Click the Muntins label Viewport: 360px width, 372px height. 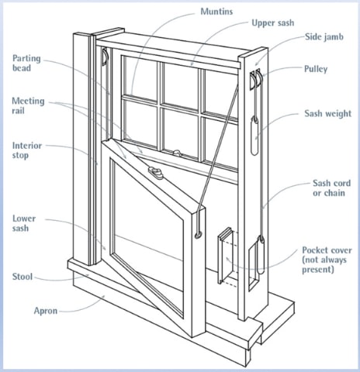coord(216,12)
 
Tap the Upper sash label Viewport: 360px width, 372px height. coord(273,23)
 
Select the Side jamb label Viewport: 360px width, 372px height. coord(324,37)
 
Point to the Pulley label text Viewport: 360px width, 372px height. coord(316,69)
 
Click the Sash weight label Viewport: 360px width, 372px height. coord(327,114)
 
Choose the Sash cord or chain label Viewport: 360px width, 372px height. coord(331,188)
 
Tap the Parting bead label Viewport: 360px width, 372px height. coord(26,64)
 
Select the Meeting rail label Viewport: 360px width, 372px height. coord(28,106)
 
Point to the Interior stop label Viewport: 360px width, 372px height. coord(27,150)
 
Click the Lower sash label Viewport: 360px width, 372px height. coord(24,223)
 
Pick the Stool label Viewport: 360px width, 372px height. coord(22,277)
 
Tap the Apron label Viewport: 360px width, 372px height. coord(46,311)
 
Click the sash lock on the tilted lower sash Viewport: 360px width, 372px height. coord(156,173)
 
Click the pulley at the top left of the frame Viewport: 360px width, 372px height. coord(105,57)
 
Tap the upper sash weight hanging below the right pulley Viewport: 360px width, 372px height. coord(254,136)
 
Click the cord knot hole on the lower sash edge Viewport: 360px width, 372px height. coord(199,235)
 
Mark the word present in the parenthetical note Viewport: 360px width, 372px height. coord(318,270)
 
